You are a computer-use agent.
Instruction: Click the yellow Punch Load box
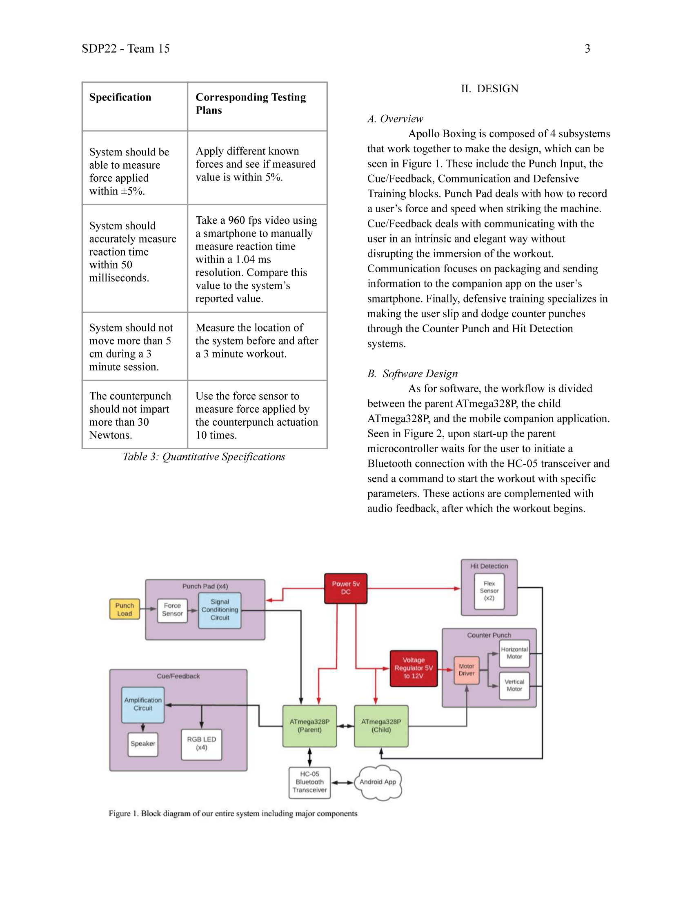pyautogui.click(x=125, y=609)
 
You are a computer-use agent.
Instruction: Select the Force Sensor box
pyautogui.click(x=172, y=610)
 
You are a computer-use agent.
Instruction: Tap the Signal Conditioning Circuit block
pyautogui.click(x=220, y=610)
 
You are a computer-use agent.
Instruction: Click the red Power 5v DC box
pyautogui.click(x=346, y=588)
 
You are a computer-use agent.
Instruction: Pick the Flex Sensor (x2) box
pyautogui.click(x=489, y=591)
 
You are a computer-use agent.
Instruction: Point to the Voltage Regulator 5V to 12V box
pyautogui.click(x=414, y=668)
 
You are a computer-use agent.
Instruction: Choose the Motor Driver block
pyautogui.click(x=467, y=670)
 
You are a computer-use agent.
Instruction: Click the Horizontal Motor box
pyautogui.click(x=514, y=653)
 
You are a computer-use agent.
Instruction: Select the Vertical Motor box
pyautogui.click(x=514, y=685)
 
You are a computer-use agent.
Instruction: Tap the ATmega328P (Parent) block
pyautogui.click(x=309, y=726)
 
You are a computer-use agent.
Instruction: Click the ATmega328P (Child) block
pyautogui.click(x=381, y=726)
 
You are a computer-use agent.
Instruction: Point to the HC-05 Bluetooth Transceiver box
pyautogui.click(x=309, y=782)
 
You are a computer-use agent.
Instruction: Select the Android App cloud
pyautogui.click(x=378, y=782)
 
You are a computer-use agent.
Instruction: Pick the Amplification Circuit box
pyautogui.click(x=142, y=705)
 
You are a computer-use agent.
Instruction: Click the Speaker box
pyautogui.click(x=142, y=744)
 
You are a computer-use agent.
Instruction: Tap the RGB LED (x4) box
pyautogui.click(x=201, y=744)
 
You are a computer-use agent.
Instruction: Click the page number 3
pyautogui.click(x=587, y=49)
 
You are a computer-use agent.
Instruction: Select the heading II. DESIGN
pyautogui.click(x=489, y=89)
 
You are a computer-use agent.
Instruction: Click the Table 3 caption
pyautogui.click(x=204, y=457)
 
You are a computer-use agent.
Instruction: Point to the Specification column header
pyautogui.click(x=120, y=97)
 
